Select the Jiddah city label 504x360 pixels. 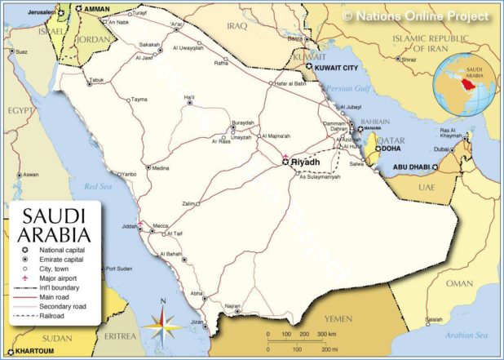click(127, 225)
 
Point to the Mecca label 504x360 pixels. click(161, 225)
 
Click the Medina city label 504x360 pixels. click(160, 168)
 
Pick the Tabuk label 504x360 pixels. click(96, 80)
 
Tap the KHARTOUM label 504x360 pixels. click(34, 352)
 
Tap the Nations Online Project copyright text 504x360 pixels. click(415, 16)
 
